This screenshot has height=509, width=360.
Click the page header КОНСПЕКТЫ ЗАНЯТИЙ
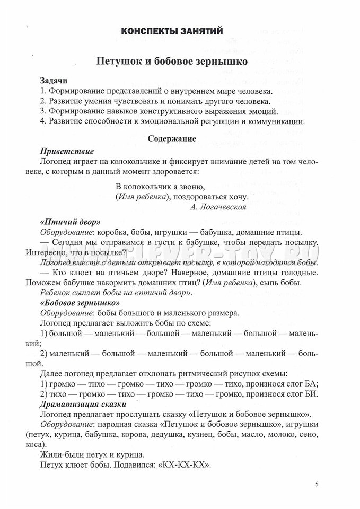pos(171,31)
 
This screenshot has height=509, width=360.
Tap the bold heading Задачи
pos(54,81)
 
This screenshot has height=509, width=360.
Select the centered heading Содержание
pos(172,139)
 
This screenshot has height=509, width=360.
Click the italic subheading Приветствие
pos(67,151)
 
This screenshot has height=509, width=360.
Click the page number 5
pos(317,484)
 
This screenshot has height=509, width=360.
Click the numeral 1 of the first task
pos(42,91)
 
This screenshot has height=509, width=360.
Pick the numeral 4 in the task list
pos(43,121)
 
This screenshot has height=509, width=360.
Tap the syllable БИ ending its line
pos(311,394)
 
